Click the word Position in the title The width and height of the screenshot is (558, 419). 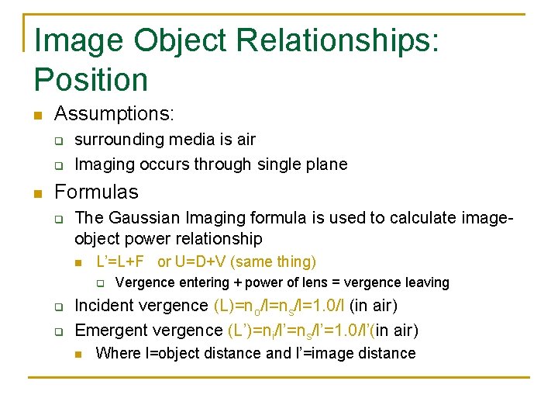coord(91,80)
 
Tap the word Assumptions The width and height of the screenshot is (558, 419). coord(114,114)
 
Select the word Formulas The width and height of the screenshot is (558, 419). coord(96,192)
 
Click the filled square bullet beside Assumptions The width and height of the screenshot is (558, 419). coord(36,116)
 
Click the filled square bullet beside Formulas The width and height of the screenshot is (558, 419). coord(36,193)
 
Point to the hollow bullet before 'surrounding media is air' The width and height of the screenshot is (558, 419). coord(58,141)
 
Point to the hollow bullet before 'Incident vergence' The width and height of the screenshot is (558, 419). coord(58,307)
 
